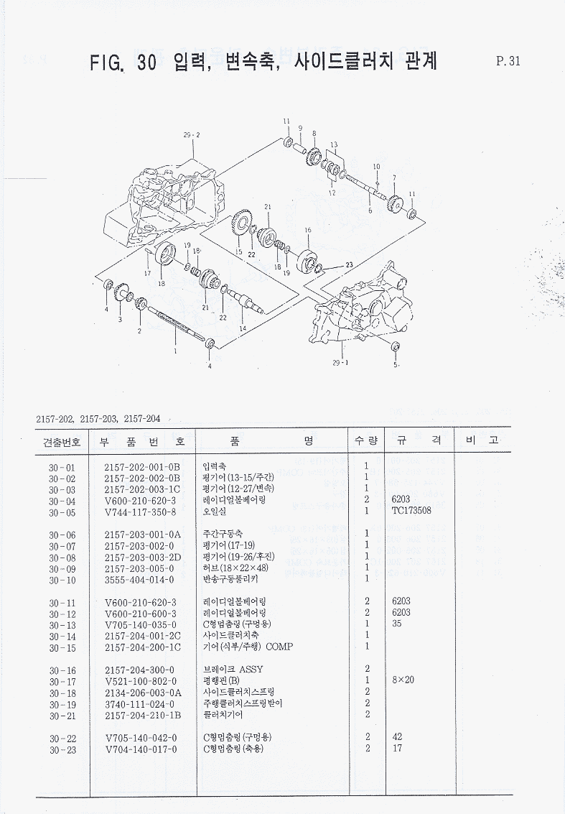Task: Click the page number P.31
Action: pos(508,61)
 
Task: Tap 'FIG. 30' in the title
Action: pos(123,63)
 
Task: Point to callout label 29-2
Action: pos(192,135)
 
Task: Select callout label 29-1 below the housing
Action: pos(341,363)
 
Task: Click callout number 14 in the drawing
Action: pos(243,328)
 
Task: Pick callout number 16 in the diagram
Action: pos(308,230)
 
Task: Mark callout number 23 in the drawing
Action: pos(350,265)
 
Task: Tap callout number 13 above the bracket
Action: pos(333,145)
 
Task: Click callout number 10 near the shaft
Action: pos(376,167)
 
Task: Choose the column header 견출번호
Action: pos(62,441)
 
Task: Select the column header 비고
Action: pos(482,440)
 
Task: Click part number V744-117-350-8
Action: pos(140,512)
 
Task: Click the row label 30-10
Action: pos(62,579)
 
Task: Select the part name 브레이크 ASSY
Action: pos(233,670)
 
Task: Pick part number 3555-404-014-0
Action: pos(140,579)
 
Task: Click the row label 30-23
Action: pos(62,749)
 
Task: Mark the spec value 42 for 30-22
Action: pos(397,738)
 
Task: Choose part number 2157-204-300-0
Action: pos(139,670)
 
